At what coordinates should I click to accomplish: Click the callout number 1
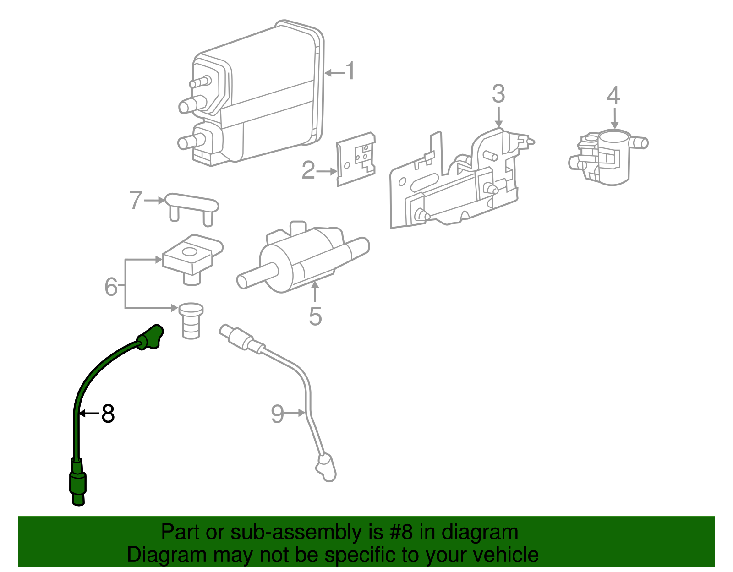pos(350,72)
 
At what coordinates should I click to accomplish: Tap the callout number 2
pos(308,170)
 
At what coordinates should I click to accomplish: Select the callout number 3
pos(498,94)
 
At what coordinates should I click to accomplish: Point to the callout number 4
pos(613,96)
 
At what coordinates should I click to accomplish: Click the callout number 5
pos(315,316)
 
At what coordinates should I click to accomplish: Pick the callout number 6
pos(111,287)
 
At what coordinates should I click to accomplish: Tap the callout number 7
pos(136,201)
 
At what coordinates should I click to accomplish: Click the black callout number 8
pos(108,414)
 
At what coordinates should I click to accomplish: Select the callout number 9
pos(278,414)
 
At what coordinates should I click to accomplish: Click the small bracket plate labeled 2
pos(356,159)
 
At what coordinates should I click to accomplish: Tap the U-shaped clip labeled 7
pos(191,207)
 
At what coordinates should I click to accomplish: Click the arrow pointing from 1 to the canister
pos(334,72)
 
